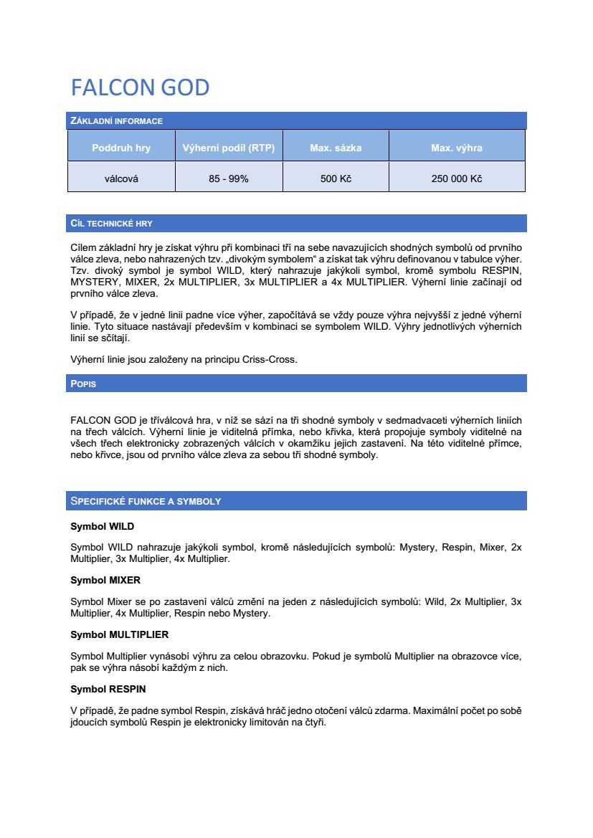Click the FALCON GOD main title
pyautogui.click(x=140, y=87)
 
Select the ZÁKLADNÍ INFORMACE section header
pyautogui.click(x=116, y=120)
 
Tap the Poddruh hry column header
pyautogui.click(x=121, y=148)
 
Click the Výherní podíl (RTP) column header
pyautogui.click(x=229, y=148)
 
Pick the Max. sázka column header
pyautogui.click(x=336, y=148)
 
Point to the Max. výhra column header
pyautogui.click(x=457, y=148)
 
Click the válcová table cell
pyautogui.click(x=121, y=178)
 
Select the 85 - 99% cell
pyautogui.click(x=229, y=178)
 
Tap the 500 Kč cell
pyautogui.click(x=336, y=178)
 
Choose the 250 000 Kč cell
pyautogui.click(x=457, y=178)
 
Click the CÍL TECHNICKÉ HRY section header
pyautogui.click(x=111, y=224)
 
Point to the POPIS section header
pyautogui.click(x=83, y=384)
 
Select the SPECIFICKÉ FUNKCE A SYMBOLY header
pyautogui.click(x=146, y=501)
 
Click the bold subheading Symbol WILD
pyautogui.click(x=102, y=526)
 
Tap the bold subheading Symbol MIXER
pyautogui.click(x=105, y=580)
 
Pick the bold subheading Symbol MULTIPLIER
pyautogui.click(x=119, y=634)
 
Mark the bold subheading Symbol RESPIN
pyautogui.click(x=108, y=689)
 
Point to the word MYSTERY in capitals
pyautogui.click(x=95, y=282)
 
